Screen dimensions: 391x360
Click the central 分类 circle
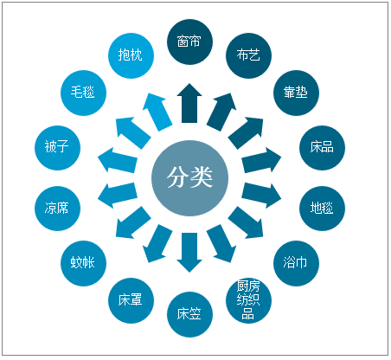click(189, 178)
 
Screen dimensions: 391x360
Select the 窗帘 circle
click(189, 42)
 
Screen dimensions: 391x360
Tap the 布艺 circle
click(248, 55)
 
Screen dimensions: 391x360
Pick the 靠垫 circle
click(296, 93)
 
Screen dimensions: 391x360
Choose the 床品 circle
click(322, 148)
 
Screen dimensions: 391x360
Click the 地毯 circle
click(322, 209)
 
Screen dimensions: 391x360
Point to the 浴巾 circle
click(296, 263)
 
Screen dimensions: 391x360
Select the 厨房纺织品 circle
click(248, 300)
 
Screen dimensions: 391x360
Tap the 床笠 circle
click(189, 314)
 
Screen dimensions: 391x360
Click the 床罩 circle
click(131, 300)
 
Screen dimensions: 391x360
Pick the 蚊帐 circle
click(83, 263)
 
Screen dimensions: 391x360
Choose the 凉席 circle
click(57, 209)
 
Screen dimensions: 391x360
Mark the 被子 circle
click(57, 148)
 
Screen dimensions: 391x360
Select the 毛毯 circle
click(83, 93)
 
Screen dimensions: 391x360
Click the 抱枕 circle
click(131, 55)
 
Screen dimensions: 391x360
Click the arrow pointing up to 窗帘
click(189, 103)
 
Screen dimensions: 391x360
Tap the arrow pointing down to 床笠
click(189, 253)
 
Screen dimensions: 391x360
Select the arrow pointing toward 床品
click(261, 160)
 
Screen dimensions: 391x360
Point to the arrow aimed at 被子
click(118, 160)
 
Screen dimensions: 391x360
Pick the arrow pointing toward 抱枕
click(157, 112)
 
